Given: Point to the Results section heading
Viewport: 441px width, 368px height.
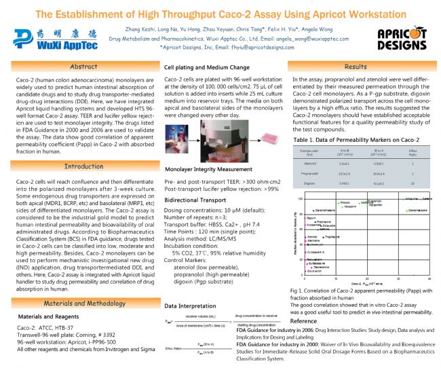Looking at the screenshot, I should coord(356,67).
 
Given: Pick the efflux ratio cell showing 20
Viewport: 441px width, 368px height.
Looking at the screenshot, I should coord(413,183).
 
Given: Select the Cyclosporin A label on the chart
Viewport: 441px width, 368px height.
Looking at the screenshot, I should coord(313,252).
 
